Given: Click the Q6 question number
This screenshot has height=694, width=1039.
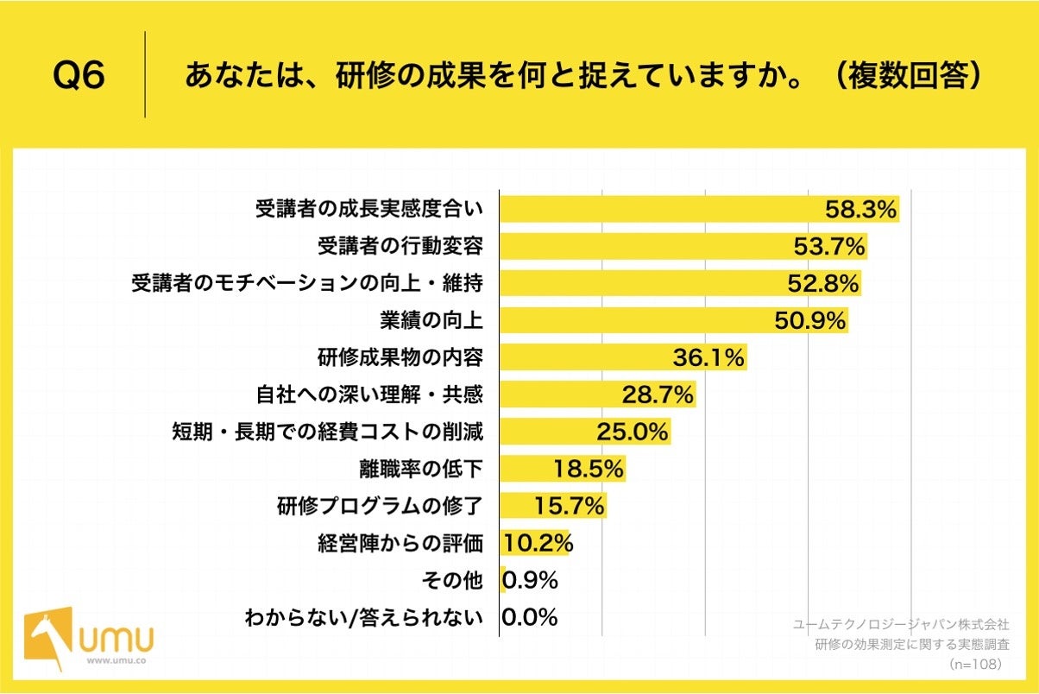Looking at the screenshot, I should (79, 76).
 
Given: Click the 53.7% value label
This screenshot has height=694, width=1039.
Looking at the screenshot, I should (829, 247).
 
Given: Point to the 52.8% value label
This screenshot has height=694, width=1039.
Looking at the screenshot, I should (823, 283).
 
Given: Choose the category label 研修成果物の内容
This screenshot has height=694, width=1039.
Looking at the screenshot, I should (400, 357).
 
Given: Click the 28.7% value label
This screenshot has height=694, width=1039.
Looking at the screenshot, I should (658, 395).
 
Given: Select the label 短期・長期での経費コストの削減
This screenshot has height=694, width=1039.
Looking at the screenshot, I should (328, 432).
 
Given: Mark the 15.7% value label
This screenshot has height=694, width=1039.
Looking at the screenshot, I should (569, 506).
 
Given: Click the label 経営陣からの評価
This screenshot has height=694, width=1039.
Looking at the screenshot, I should (400, 543).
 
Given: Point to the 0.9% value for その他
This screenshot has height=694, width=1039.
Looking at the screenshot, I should (529, 580).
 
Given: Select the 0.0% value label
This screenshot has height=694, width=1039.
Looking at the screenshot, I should (529, 617).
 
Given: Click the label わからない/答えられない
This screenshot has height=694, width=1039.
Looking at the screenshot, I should (363, 617).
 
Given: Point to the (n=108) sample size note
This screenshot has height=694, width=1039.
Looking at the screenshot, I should (974, 665).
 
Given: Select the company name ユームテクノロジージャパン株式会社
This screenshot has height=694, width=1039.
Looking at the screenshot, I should (901, 624).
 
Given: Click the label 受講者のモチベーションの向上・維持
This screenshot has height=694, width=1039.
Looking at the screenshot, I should (306, 283).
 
